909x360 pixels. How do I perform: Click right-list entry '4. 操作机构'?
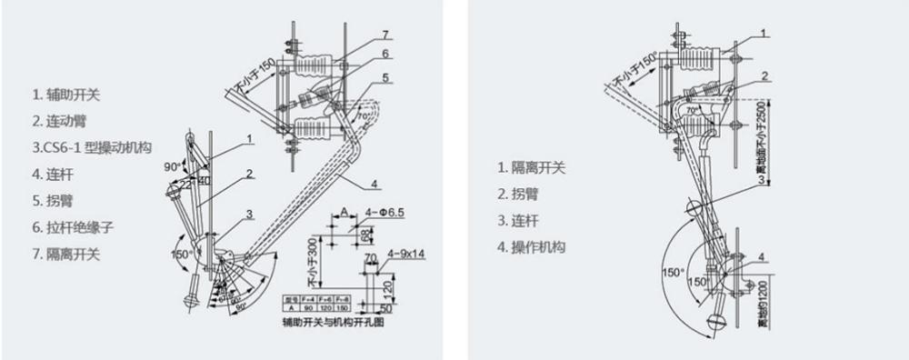point(530,246)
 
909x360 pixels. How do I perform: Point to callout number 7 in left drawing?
point(385,35)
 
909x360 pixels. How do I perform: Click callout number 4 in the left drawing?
point(375,185)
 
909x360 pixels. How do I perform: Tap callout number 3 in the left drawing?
point(248,215)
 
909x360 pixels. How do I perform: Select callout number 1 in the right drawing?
point(765,33)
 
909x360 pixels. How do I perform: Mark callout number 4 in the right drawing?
point(762,256)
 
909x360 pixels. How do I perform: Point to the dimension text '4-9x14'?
point(406,254)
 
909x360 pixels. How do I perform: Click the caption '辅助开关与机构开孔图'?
point(329,322)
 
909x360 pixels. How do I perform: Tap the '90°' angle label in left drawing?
point(169,168)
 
